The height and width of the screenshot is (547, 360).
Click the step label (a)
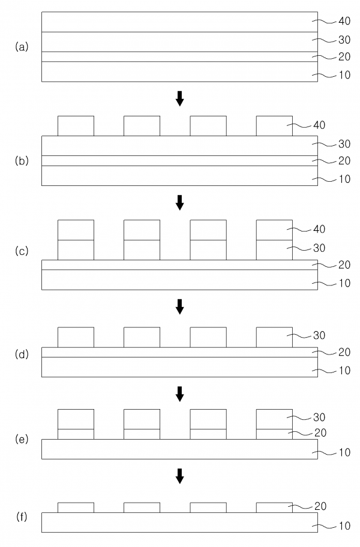click(22, 47)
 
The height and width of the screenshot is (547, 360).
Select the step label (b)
click(22, 161)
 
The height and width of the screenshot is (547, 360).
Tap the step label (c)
click(22, 251)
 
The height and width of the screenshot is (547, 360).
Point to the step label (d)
click(22, 353)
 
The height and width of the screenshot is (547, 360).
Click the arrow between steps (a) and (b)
click(179, 98)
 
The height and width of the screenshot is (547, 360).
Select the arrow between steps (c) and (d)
click(179, 306)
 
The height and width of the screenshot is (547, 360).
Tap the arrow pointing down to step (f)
click(179, 476)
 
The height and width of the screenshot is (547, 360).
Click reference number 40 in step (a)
click(344, 22)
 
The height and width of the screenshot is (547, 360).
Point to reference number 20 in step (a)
click(344, 58)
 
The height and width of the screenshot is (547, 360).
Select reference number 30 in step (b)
click(344, 144)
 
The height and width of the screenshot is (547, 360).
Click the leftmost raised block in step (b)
click(76, 126)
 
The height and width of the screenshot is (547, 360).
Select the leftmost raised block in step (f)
click(76, 507)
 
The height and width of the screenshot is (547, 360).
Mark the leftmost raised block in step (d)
click(76, 337)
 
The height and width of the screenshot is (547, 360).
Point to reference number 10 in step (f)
click(344, 527)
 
